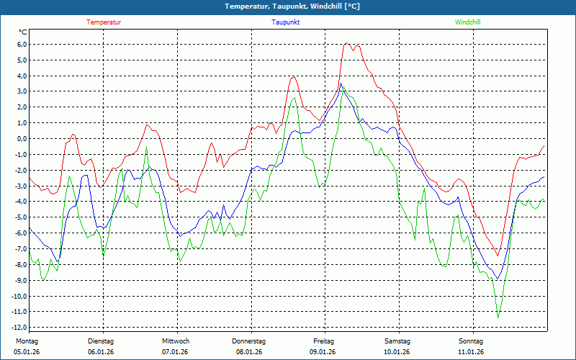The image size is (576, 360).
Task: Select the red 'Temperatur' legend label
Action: click(x=104, y=22)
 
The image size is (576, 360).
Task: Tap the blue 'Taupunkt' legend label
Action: click(x=286, y=22)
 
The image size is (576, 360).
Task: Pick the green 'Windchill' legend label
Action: click(x=468, y=22)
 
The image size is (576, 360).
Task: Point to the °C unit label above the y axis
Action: click(x=23, y=32)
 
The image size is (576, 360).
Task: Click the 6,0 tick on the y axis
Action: click(x=22, y=44)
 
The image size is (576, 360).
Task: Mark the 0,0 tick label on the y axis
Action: click(x=22, y=138)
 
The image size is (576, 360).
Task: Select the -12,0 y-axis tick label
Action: click(x=19, y=328)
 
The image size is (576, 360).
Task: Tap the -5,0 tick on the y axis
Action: click(x=21, y=217)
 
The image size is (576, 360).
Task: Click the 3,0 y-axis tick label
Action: click(x=22, y=91)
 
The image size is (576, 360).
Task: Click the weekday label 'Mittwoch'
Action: click(x=175, y=341)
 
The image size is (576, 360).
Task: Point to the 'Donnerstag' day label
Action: click(x=249, y=341)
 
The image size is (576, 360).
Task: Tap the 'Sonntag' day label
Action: click(x=471, y=341)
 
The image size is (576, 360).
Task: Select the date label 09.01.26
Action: click(x=323, y=352)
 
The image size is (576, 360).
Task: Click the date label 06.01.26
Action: click(x=101, y=352)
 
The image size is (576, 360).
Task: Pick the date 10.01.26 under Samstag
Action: click(x=397, y=352)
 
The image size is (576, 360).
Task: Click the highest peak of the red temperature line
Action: click(x=347, y=43)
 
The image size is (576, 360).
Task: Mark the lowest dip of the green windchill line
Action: click(x=498, y=317)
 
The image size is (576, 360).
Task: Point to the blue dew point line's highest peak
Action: click(x=341, y=83)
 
